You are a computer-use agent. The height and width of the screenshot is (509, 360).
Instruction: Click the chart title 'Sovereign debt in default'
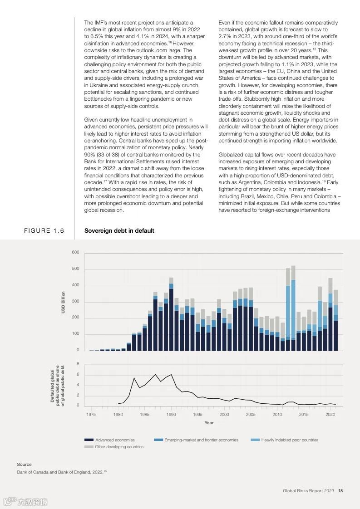(x=119, y=231)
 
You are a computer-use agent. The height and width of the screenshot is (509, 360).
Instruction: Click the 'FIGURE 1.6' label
(x=44, y=231)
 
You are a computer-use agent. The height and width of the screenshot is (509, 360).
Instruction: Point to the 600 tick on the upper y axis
(x=75, y=253)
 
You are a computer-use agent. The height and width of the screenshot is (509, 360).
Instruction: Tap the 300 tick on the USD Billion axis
(x=75, y=302)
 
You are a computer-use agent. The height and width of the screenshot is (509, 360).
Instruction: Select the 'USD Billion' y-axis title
(x=63, y=302)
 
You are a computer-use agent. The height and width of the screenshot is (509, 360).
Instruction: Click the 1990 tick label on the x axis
(x=171, y=415)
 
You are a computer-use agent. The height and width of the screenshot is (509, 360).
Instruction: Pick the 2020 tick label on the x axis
(x=330, y=415)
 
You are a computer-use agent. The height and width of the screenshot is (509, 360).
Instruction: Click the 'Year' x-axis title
(x=209, y=423)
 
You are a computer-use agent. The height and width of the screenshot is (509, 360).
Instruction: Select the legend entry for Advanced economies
(x=109, y=440)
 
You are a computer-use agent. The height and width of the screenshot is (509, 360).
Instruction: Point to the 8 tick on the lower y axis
(x=78, y=364)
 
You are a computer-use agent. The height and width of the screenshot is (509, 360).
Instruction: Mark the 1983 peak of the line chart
(x=134, y=378)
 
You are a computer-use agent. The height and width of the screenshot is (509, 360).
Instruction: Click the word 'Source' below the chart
(x=25, y=465)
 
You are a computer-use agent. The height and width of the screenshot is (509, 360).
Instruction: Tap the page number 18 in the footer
(x=340, y=491)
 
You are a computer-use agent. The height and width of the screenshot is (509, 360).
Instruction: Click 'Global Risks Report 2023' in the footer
(x=308, y=491)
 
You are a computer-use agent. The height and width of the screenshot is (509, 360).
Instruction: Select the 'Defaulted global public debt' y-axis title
(x=58, y=385)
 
